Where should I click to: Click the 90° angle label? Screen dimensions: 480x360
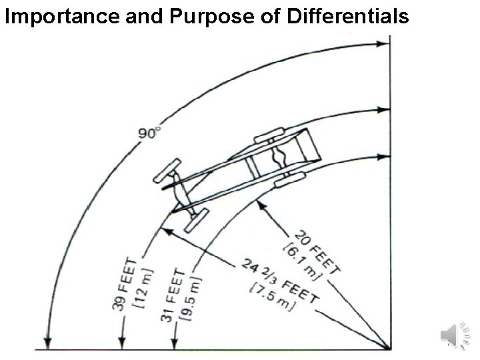point(149,133)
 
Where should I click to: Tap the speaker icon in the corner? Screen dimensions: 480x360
point(457,334)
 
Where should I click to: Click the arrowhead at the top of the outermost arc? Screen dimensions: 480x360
point(383,44)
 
